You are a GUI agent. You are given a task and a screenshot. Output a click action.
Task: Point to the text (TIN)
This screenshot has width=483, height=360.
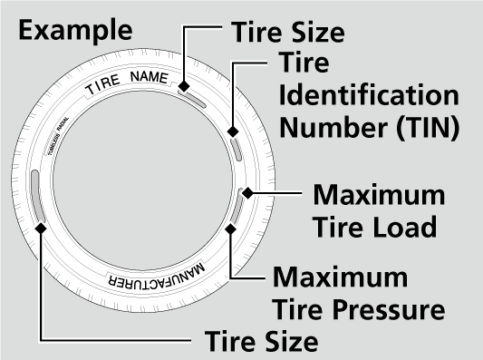tap(426, 126)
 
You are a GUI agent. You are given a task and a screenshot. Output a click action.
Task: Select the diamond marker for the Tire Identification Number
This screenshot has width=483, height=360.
tap(233, 131)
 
